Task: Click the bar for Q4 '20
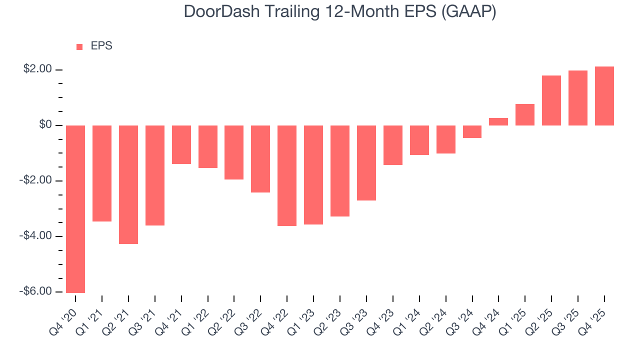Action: tap(75, 208)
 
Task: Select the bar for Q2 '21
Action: tap(128, 184)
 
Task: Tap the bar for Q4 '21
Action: tap(181, 144)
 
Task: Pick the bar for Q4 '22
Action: tap(287, 175)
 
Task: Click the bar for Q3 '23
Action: tap(366, 162)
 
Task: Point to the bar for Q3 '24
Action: tap(472, 131)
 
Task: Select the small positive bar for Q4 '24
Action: tap(498, 121)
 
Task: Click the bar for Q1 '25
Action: tap(525, 114)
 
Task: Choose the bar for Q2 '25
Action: tap(551, 100)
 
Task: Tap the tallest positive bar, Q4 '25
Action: tap(604, 96)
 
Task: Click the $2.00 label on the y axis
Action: tap(37, 69)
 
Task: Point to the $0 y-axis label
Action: tap(45, 124)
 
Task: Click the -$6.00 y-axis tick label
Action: tap(36, 291)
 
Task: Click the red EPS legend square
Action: tap(79, 47)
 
